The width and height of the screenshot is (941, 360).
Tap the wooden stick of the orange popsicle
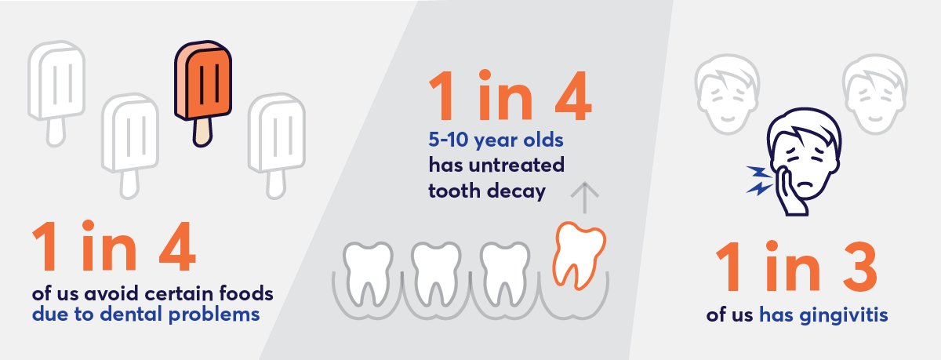point(202,132)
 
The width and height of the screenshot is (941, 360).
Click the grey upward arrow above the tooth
point(584,198)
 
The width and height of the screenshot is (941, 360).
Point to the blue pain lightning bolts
point(760,180)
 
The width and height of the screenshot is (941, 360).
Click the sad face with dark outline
point(804,158)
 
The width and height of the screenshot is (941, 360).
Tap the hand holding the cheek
point(790,192)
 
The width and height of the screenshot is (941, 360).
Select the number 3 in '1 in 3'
point(859,267)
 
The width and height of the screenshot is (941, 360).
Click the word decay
point(516,191)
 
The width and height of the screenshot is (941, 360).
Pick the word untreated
point(516,165)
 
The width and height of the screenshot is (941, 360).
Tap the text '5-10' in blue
point(449,140)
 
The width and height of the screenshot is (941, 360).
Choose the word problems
point(214,315)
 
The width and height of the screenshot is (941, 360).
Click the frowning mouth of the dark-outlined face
point(805,184)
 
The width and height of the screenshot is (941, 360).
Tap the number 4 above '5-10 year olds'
point(573,96)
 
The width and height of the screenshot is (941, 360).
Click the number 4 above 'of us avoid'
point(177,246)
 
